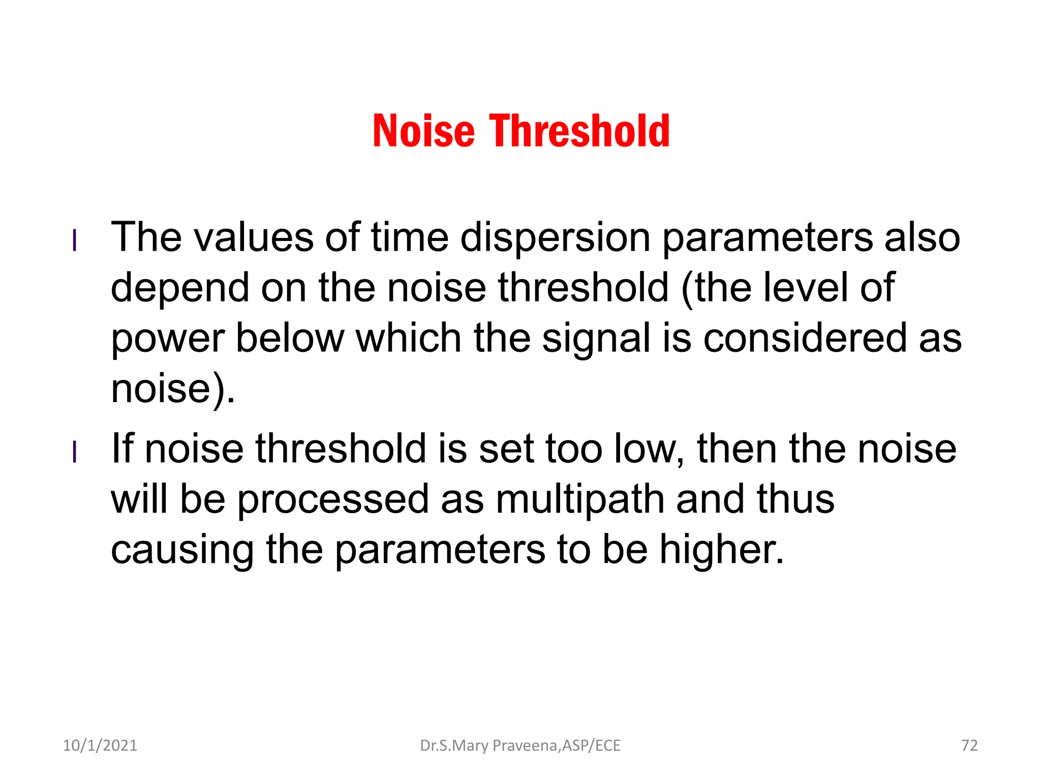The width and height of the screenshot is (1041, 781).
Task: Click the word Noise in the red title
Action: (x=423, y=131)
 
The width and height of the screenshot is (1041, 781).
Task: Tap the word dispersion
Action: (x=555, y=237)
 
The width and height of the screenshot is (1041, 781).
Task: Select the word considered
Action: (x=805, y=338)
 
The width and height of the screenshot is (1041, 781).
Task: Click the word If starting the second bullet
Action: (x=122, y=448)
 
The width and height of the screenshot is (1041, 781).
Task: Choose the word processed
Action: (x=333, y=499)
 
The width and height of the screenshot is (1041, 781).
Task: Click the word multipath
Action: (x=580, y=499)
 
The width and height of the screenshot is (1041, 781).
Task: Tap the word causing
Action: (x=182, y=550)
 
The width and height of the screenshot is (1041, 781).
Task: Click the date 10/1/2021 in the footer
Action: (x=100, y=745)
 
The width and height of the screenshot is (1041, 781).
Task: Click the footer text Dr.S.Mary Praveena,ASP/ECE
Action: (x=520, y=745)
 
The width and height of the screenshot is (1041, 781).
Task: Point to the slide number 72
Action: (x=969, y=745)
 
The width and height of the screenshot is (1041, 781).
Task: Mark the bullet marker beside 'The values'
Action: (x=75, y=241)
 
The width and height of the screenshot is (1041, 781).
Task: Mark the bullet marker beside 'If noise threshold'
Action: (x=75, y=452)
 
